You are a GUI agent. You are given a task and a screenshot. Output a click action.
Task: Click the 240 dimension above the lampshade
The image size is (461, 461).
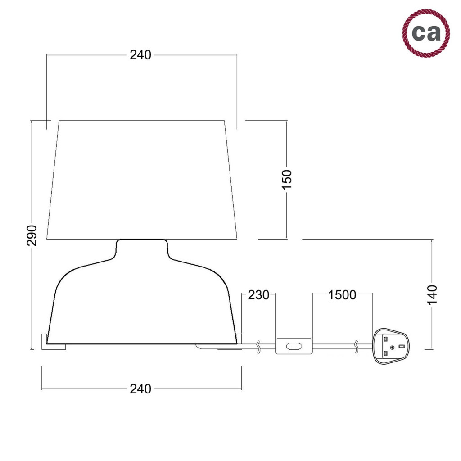click(x=140, y=55)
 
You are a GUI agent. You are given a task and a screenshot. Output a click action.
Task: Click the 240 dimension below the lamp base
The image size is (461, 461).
click(x=140, y=389)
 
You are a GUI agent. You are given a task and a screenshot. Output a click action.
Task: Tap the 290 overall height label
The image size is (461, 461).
click(x=32, y=235)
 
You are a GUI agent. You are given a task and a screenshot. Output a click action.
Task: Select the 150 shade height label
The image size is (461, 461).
click(x=287, y=180)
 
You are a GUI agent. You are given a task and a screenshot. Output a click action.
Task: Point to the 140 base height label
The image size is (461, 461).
click(x=433, y=295)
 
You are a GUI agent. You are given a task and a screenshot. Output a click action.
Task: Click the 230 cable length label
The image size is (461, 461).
click(x=258, y=295)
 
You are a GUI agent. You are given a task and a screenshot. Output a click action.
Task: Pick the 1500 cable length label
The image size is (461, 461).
click(x=342, y=295)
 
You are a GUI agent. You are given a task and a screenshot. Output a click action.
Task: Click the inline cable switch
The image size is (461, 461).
click(x=294, y=346)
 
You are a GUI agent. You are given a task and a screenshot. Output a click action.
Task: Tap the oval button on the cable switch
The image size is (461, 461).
click(x=294, y=346)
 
